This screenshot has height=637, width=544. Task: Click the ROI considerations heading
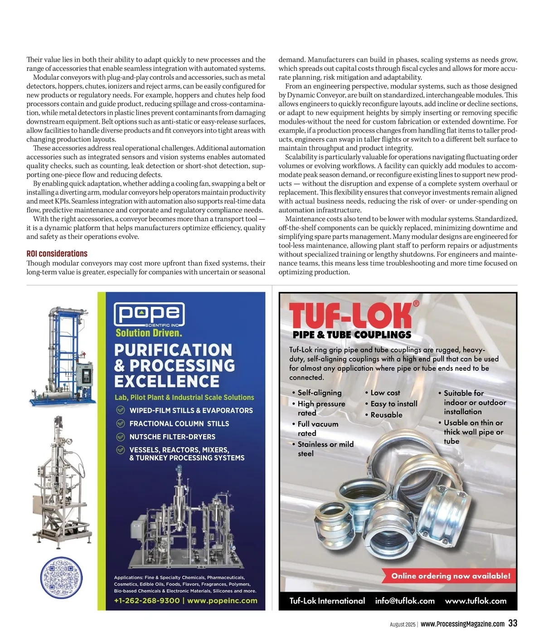coord(57,254)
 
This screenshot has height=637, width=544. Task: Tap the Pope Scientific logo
coord(149,314)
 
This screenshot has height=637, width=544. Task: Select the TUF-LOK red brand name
coord(350,315)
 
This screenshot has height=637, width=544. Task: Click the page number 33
coord(513,623)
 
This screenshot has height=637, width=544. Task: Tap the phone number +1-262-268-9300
coord(147,601)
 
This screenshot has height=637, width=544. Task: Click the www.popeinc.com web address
coord(222,601)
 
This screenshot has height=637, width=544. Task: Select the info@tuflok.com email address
coord(405,601)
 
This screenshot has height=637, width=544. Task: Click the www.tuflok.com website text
coord(476,601)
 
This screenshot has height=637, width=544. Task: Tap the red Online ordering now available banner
coord(451,576)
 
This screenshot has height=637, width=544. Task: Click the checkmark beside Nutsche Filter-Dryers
coord(121,437)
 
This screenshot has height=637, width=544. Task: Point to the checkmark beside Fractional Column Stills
coord(121,423)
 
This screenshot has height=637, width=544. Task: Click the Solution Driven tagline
coord(149,333)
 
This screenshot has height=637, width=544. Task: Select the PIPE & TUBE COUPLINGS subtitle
coord(352,335)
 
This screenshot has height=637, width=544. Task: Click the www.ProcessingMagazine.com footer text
coord(462,624)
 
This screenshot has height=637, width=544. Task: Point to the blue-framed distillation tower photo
coord(63,356)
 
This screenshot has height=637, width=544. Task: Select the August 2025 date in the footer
coord(403,624)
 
